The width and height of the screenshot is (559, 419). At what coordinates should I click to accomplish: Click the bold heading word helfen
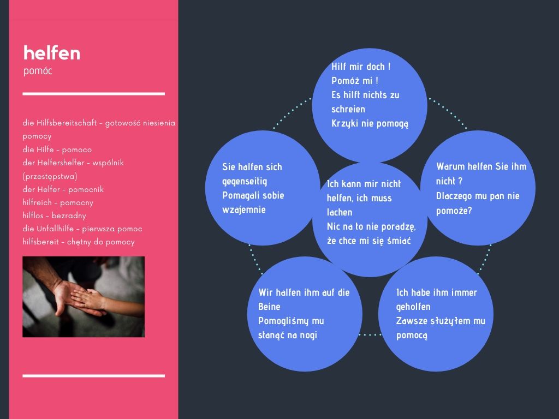pyautogui.click(x=52, y=53)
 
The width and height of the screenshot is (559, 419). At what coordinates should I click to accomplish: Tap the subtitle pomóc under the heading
pyautogui.click(x=38, y=70)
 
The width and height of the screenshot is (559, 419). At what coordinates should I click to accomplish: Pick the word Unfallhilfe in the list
pyautogui.click(x=55, y=229)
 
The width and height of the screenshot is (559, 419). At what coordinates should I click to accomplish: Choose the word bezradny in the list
pyautogui.click(x=69, y=216)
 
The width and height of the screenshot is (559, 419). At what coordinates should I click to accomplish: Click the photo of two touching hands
pyautogui.click(x=84, y=296)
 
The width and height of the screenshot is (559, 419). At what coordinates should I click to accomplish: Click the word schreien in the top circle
pyautogui.click(x=348, y=109)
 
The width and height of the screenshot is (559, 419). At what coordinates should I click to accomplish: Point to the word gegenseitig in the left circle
pyautogui.click(x=245, y=181)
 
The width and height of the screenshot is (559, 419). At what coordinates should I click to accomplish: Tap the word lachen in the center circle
pyautogui.click(x=340, y=212)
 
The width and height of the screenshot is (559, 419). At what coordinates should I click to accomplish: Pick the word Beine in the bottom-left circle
pyautogui.click(x=269, y=307)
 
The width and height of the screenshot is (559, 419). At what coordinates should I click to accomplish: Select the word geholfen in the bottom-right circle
pyautogui.click(x=413, y=307)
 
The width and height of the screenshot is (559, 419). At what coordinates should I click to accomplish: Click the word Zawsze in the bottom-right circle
pyautogui.click(x=412, y=321)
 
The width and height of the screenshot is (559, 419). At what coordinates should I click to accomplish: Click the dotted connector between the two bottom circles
pyautogui.click(x=370, y=334)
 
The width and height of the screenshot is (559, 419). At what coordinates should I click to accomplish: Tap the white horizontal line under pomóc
pyautogui.click(x=94, y=94)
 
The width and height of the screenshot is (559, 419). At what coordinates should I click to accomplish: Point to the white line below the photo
pyautogui.click(x=94, y=375)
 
